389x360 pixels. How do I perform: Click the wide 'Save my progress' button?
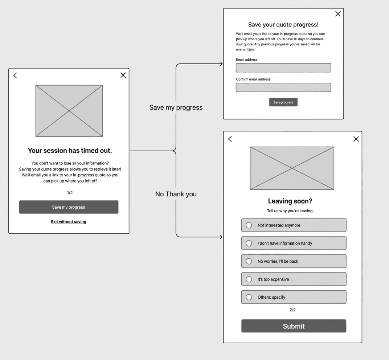69,207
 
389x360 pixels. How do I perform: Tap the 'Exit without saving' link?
69,222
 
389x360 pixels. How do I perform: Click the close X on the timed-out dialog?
123,75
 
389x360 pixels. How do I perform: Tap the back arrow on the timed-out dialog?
15,75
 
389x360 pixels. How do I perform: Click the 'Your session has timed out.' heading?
70,150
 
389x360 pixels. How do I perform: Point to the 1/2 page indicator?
70,193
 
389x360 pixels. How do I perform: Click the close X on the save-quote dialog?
338,14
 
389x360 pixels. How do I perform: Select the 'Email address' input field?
283,68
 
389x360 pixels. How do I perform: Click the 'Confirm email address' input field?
283,87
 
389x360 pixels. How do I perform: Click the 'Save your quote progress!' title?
283,25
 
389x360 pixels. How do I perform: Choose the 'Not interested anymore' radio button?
249,225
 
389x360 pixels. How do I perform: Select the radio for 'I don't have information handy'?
249,243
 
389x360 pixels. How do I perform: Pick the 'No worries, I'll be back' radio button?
249,261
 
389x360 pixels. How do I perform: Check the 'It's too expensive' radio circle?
249,279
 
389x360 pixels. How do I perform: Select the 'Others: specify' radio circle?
249,297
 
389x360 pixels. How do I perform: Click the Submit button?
294,326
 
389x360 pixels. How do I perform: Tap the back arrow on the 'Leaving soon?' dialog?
230,139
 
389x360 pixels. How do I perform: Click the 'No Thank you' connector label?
176,194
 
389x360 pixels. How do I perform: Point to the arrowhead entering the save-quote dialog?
221,64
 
